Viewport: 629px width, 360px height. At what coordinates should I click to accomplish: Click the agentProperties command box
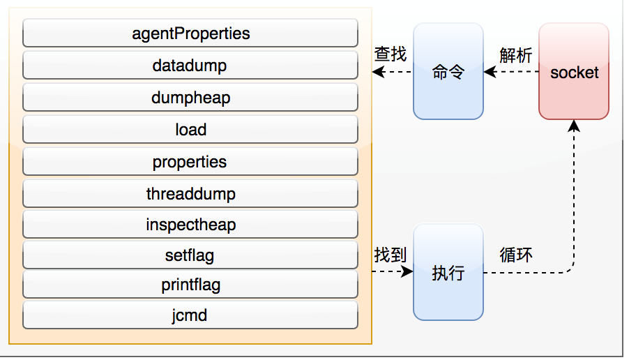190,33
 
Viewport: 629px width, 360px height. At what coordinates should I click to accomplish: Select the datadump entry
190,66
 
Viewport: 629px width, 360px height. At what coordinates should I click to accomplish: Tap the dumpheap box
190,98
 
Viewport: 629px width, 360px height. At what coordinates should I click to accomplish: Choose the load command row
190,130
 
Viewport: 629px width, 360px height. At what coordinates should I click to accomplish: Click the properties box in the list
190,162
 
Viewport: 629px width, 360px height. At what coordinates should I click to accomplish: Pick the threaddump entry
190,193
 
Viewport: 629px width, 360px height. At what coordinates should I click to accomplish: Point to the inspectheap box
190,225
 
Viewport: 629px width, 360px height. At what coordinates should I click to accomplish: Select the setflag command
190,255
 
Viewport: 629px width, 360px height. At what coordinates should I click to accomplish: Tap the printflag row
190,285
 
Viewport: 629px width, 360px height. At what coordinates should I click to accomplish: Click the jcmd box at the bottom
190,315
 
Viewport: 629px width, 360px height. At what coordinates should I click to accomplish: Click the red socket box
574,72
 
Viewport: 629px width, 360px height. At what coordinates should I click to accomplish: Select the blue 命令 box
448,72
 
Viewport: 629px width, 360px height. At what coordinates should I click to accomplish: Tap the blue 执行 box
448,273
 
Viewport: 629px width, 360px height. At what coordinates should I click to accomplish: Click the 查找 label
391,54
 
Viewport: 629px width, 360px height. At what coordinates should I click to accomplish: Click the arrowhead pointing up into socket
574,126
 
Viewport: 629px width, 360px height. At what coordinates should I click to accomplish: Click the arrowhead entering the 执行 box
409,273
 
